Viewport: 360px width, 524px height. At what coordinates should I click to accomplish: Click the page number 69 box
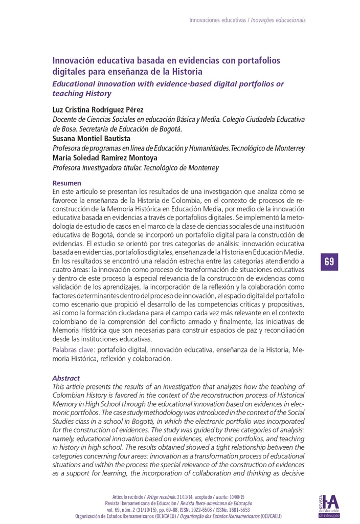pos(329,261)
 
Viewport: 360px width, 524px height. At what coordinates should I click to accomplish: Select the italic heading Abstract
pos(66,378)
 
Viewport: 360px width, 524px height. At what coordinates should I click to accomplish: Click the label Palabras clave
pos(74,350)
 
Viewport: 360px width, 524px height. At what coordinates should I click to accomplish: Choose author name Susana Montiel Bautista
pos(92,139)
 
